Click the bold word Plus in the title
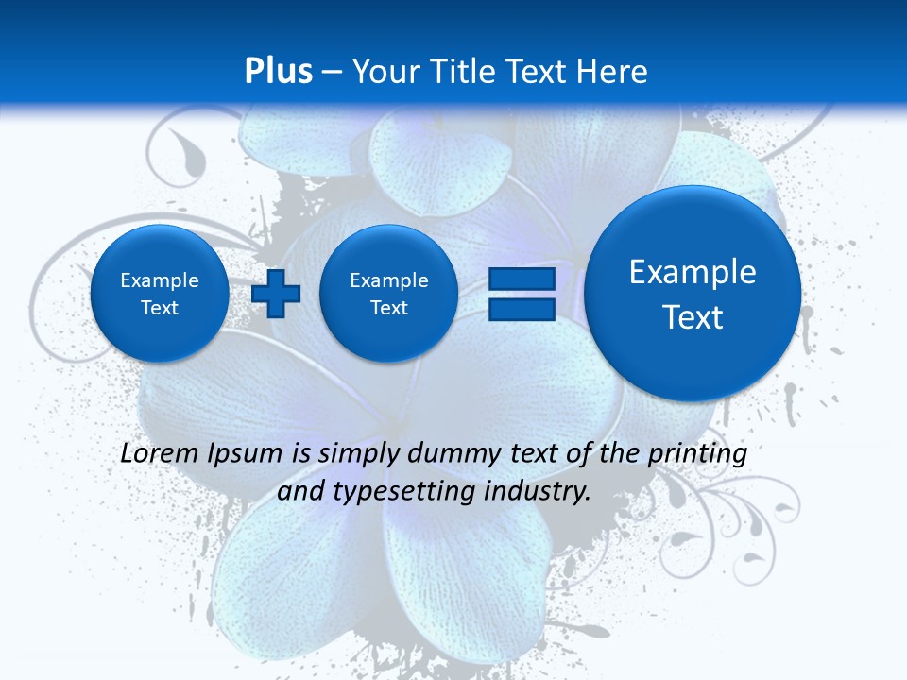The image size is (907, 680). (x=278, y=72)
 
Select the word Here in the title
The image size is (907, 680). (x=614, y=72)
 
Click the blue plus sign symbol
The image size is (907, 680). (x=276, y=294)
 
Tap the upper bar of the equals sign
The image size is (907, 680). (x=522, y=280)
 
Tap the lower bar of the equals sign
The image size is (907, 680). (x=522, y=309)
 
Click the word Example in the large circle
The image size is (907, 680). (x=693, y=272)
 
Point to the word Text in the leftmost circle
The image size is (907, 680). (x=160, y=308)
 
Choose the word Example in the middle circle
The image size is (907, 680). (x=389, y=280)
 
